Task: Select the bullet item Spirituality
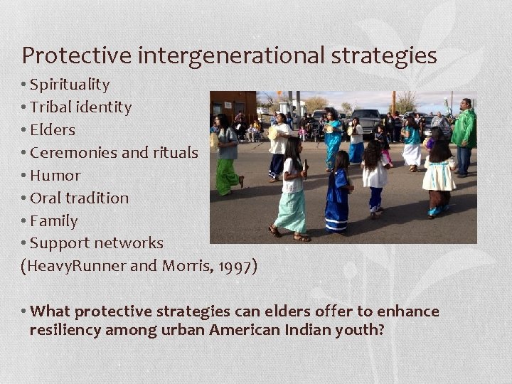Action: coord(70,85)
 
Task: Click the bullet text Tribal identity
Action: coord(82,107)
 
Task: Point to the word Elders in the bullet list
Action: coord(53,130)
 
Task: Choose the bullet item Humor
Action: coord(56,176)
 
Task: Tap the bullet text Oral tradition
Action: coord(80,198)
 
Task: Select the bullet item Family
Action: coord(55,221)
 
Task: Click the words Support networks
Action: coord(97,243)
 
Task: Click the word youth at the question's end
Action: coord(360,329)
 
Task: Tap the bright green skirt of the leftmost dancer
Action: coord(227,176)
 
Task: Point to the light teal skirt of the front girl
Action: coord(292,210)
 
